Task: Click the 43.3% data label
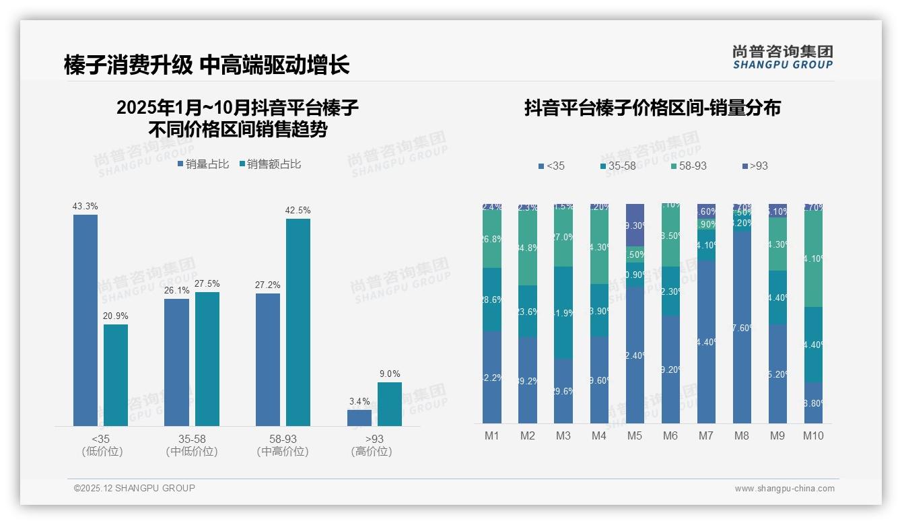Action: (85, 206)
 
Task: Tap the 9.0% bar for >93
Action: (389, 404)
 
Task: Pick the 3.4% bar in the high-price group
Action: (359, 417)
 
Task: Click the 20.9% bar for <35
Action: (116, 375)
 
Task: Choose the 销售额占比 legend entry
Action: (270, 164)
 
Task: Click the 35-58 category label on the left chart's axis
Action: (192, 439)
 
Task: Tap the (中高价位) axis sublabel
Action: (283, 452)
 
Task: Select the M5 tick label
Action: (635, 435)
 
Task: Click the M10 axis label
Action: (813, 435)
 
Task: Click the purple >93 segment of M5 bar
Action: (635, 225)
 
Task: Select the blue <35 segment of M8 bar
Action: (742, 328)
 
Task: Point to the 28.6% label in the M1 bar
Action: (492, 300)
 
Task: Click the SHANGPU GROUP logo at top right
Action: (782, 57)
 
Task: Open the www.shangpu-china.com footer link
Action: (784, 489)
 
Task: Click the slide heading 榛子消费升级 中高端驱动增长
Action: (207, 65)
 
